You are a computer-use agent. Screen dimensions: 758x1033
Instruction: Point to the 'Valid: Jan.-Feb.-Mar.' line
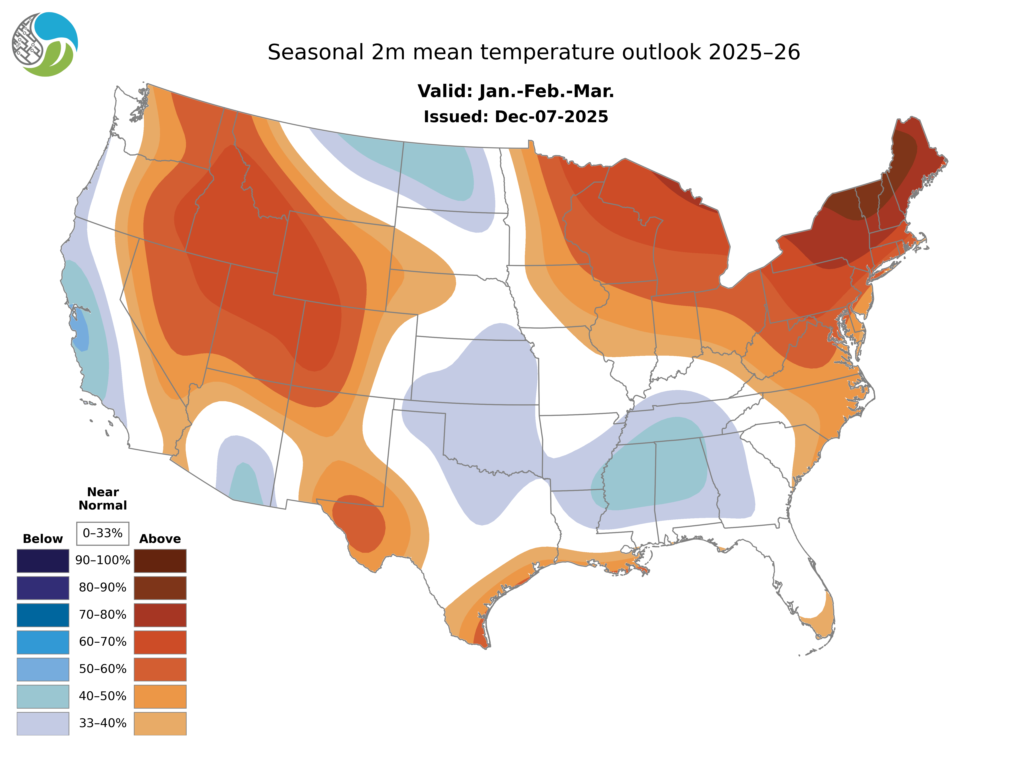pyautogui.click(x=515, y=91)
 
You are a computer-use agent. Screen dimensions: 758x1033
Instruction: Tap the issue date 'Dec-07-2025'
pyautogui.click(x=551, y=117)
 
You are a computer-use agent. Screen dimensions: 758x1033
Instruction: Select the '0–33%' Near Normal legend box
pyautogui.click(x=103, y=533)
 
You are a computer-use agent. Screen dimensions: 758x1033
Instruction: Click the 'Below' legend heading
pyautogui.click(x=43, y=539)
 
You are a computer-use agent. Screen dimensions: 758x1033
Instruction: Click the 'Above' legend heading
pyautogui.click(x=160, y=539)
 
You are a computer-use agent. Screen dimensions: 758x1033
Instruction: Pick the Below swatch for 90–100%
pyautogui.click(x=43, y=561)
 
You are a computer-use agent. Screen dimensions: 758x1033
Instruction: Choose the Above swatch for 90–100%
pyautogui.click(x=160, y=561)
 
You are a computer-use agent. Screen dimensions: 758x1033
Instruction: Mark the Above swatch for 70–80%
pyautogui.click(x=160, y=615)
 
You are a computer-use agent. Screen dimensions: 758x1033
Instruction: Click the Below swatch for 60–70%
pyautogui.click(x=43, y=642)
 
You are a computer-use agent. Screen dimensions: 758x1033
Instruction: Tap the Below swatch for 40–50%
pyautogui.click(x=43, y=696)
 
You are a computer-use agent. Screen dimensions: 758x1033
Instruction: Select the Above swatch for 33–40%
pyautogui.click(x=160, y=723)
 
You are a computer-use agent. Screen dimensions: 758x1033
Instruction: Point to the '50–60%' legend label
pyautogui.click(x=103, y=669)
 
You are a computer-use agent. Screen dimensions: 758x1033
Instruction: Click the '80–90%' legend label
pyautogui.click(x=103, y=588)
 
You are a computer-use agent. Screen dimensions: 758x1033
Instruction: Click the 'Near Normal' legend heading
pyautogui.click(x=103, y=499)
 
